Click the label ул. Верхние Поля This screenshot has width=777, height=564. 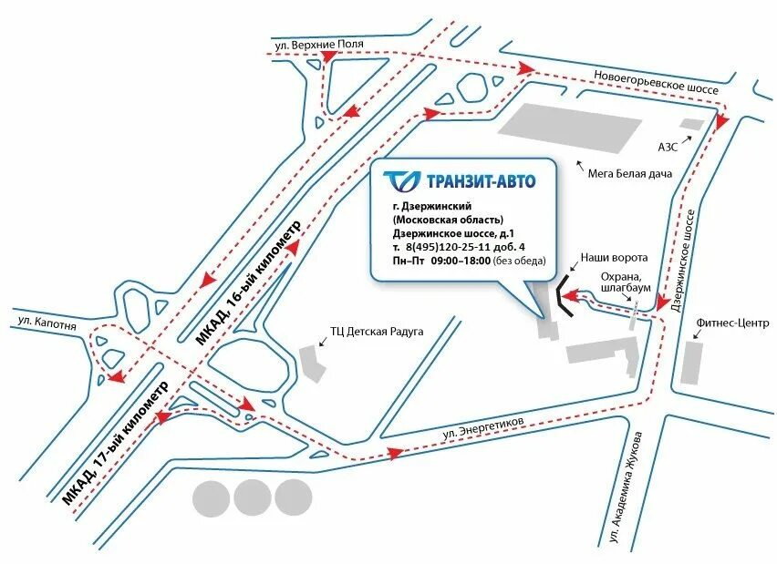click(319, 43)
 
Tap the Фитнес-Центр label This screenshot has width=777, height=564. click(732, 323)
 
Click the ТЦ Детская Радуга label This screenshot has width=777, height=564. click(377, 332)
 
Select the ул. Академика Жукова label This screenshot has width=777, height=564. click(631, 488)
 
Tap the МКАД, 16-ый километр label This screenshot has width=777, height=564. click(245, 283)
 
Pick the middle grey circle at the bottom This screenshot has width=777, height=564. click(253, 497)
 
